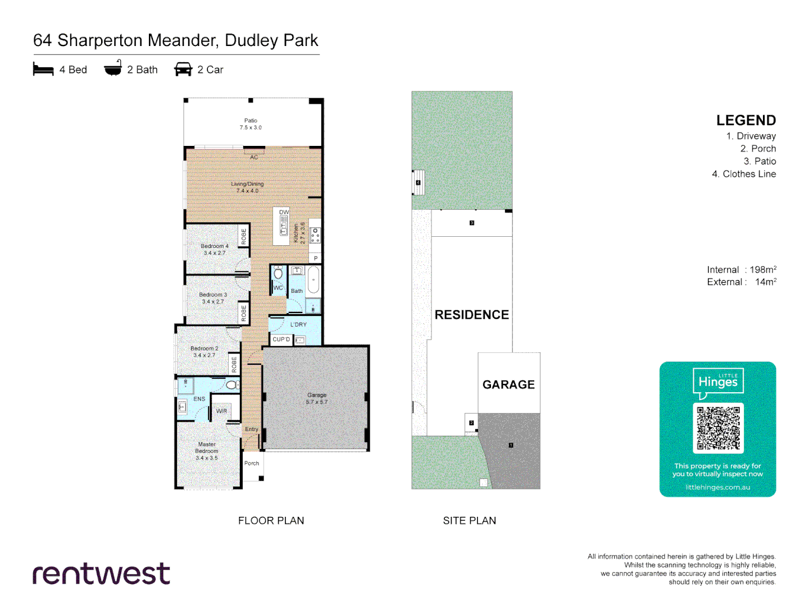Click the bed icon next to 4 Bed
click(x=43, y=69)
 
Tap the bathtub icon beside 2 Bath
click(x=113, y=68)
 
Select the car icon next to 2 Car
click(x=183, y=70)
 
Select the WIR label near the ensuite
click(x=221, y=411)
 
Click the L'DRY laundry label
click(x=298, y=324)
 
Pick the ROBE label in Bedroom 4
click(x=244, y=236)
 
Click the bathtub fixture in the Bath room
click(x=313, y=279)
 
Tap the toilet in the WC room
click(x=278, y=274)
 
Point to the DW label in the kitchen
click(x=284, y=212)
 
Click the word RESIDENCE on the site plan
click(x=472, y=315)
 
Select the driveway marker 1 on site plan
click(x=511, y=445)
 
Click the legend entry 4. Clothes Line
click(x=744, y=174)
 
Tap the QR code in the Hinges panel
click(x=718, y=428)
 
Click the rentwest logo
click(x=102, y=573)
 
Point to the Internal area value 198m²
click(x=763, y=270)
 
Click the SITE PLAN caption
click(x=469, y=521)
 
